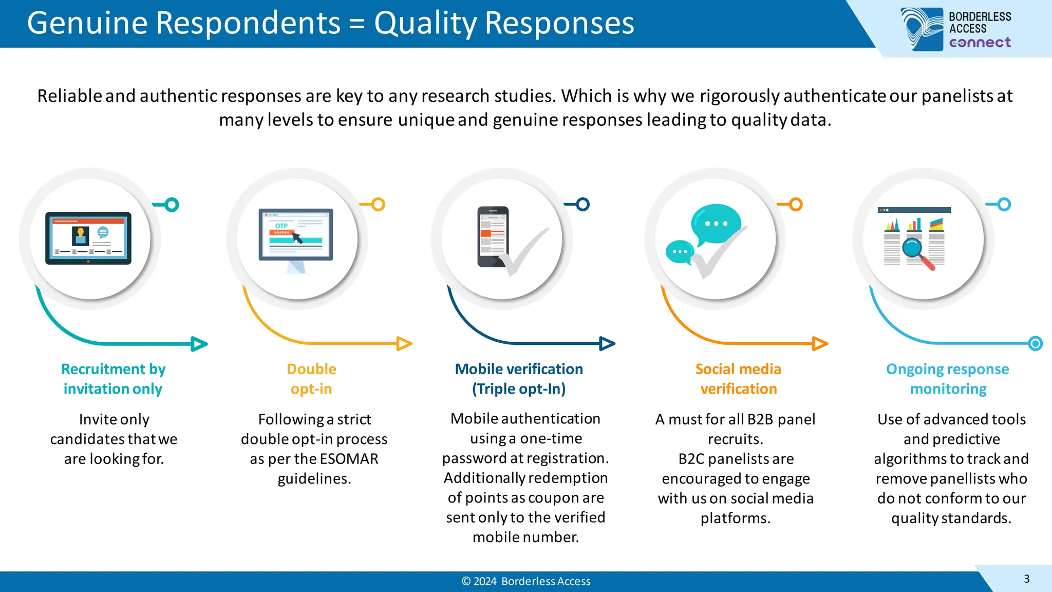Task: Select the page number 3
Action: pyautogui.click(x=1026, y=579)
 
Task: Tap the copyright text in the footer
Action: pyautogui.click(x=526, y=581)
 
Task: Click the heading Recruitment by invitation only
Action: pyautogui.click(x=113, y=379)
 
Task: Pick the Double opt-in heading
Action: pyautogui.click(x=311, y=379)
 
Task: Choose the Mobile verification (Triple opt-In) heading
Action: pyautogui.click(x=519, y=379)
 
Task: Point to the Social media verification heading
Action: pyautogui.click(x=738, y=379)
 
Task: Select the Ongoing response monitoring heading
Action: pyautogui.click(x=948, y=379)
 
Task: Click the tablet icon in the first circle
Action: pyautogui.click(x=88, y=238)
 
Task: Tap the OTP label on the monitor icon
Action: pyautogui.click(x=281, y=226)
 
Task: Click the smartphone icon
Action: pyautogui.click(x=493, y=236)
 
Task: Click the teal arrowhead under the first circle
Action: pyautogui.click(x=199, y=344)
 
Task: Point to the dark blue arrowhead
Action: pyautogui.click(x=607, y=343)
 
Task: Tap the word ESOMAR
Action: pyautogui.click(x=349, y=458)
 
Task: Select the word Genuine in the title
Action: pyautogui.click(x=88, y=23)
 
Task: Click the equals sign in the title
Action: pyautogui.click(x=357, y=24)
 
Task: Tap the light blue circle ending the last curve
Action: pyautogui.click(x=1036, y=343)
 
